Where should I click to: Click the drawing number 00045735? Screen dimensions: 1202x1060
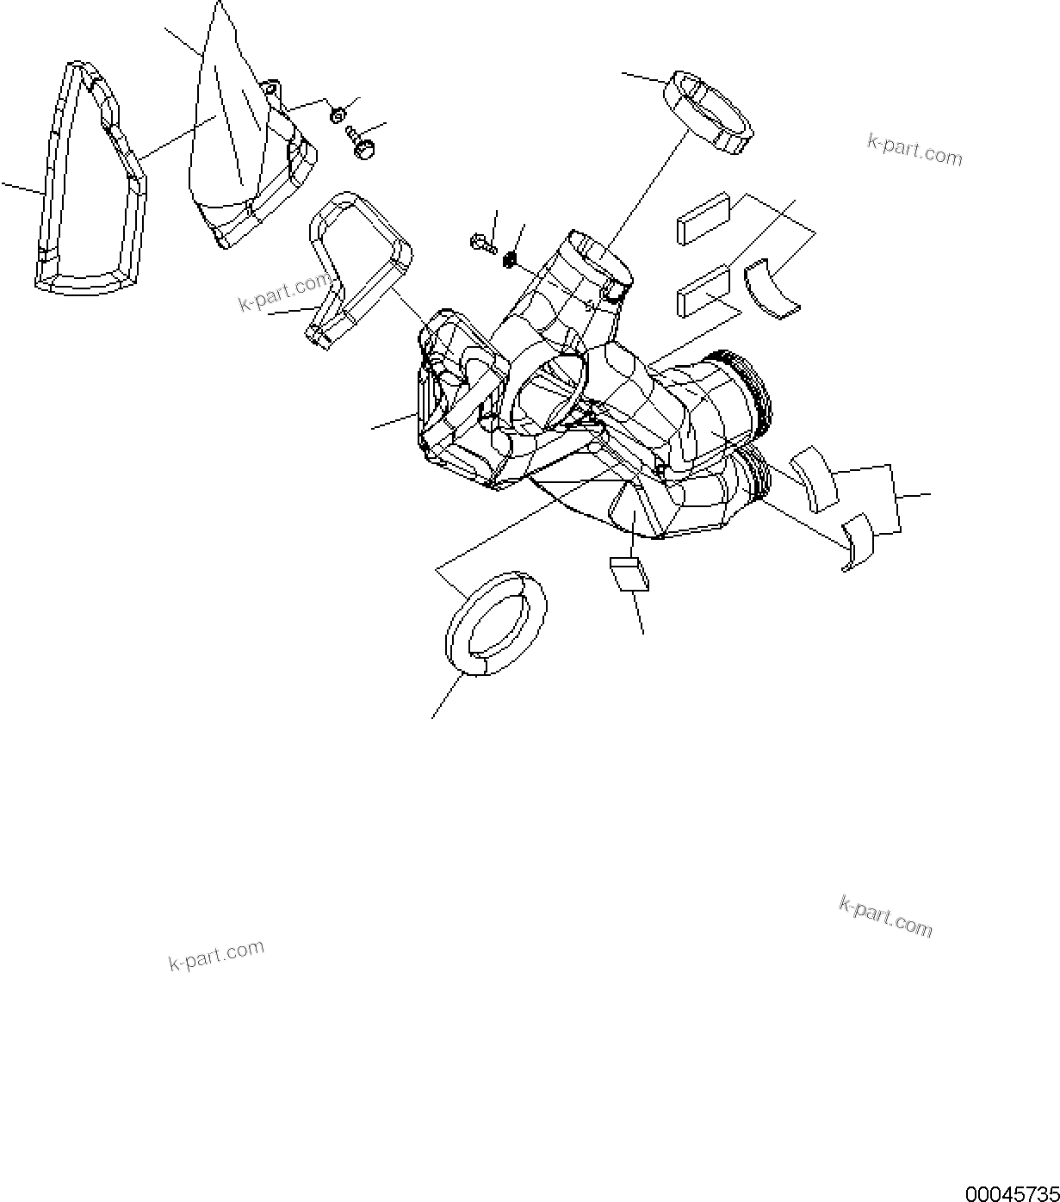coord(1011,1193)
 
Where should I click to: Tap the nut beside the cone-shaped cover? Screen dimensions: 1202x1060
coord(338,113)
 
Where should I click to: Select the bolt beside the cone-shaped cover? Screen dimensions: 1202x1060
coord(360,144)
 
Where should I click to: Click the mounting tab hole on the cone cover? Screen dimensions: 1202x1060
coord(271,88)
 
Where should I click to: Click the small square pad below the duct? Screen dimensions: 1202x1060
coord(629,573)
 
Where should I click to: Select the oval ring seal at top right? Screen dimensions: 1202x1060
coord(709,111)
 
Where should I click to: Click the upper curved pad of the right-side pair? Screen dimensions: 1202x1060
coord(815,478)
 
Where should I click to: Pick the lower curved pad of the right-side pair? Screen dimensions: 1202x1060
coord(857,541)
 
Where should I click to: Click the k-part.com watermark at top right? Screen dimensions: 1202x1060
coord(914,150)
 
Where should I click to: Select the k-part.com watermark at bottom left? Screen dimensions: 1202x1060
coord(216,955)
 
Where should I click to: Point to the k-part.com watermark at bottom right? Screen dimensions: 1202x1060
coord(885,915)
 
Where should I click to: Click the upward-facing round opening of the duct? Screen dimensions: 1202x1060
coord(600,253)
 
